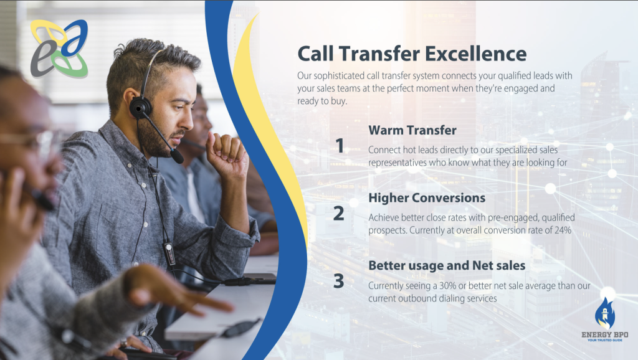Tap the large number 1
340,146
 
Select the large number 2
338,214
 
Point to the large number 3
338,281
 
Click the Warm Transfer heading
412,130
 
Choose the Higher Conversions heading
427,197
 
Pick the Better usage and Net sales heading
447,265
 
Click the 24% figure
563,230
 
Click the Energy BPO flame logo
604,313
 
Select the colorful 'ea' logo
59,49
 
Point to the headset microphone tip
177,156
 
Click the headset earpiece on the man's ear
140,108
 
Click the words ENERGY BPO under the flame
604,335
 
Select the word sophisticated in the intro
339,76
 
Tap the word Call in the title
316,54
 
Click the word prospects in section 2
388,230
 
